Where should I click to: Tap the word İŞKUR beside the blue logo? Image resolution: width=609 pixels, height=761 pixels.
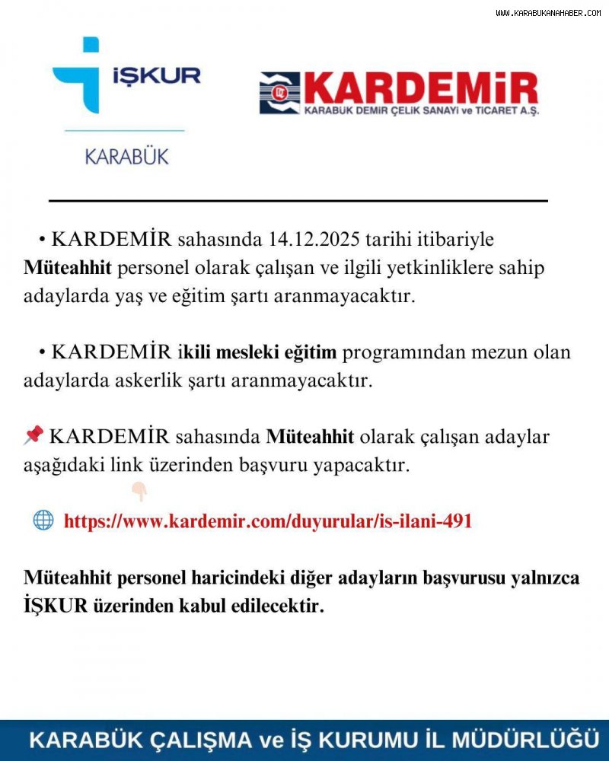pyautogui.click(x=157, y=75)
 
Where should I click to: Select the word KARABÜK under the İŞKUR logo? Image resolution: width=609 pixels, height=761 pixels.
pyautogui.click(x=126, y=158)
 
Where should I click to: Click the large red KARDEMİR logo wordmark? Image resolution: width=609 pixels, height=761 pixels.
pyautogui.click(x=421, y=90)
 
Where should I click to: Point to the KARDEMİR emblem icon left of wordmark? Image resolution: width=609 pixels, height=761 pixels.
pyautogui.click(x=279, y=93)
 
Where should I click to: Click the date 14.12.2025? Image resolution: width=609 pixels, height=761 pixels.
pyautogui.click(x=313, y=240)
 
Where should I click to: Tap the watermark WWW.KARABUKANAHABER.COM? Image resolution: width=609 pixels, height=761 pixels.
pyautogui.click(x=548, y=13)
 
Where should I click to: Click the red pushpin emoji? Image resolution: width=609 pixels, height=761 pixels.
pyautogui.click(x=33, y=435)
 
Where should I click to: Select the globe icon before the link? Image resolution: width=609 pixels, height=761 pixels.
pyautogui.click(x=43, y=521)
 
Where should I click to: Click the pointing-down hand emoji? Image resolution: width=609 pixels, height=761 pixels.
pyautogui.click(x=139, y=492)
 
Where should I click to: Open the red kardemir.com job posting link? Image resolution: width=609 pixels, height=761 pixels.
pyautogui.click(x=268, y=521)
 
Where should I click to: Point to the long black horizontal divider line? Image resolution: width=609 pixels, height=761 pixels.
pyautogui.click(x=298, y=201)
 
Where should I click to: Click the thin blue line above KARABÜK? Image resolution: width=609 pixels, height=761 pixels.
pyautogui.click(x=125, y=131)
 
